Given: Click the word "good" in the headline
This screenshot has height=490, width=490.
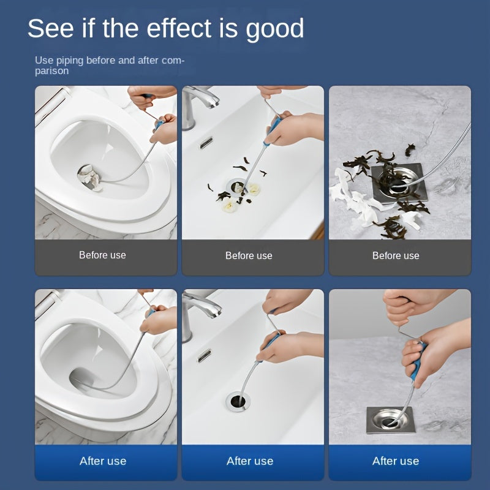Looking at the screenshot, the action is [x=274, y=29].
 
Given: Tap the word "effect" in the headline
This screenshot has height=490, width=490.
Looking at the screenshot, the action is [x=179, y=28].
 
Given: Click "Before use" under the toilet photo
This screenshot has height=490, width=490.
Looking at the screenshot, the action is [x=102, y=255].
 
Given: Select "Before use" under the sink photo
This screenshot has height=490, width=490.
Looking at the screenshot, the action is [x=249, y=255].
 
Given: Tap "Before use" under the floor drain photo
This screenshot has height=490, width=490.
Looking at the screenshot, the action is [x=396, y=255].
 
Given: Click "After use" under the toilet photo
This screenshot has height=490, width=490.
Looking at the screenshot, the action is [x=103, y=461].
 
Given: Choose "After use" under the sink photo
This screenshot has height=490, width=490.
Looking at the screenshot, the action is [x=250, y=461].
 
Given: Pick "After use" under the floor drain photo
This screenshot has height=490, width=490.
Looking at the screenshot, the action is [x=396, y=461].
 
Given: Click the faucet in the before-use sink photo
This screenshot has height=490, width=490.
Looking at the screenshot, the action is [x=196, y=103].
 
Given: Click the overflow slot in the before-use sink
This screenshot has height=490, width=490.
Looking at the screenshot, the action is [x=206, y=143].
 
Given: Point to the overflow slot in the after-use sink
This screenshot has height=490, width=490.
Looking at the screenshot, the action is [x=204, y=356].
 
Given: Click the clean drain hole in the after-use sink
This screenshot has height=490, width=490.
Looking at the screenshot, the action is [x=238, y=401].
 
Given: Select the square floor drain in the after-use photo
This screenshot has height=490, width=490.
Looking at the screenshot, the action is [x=390, y=420].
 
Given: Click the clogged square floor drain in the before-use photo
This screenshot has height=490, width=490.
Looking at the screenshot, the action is [x=399, y=183].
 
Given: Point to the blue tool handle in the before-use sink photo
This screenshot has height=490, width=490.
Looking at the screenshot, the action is [x=272, y=130].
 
